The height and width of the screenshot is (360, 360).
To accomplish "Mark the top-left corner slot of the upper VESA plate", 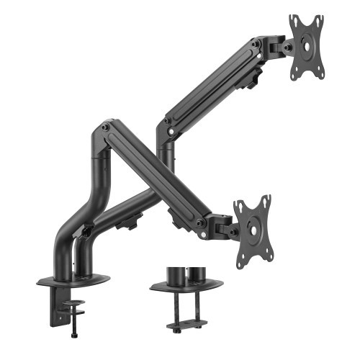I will (294, 20).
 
